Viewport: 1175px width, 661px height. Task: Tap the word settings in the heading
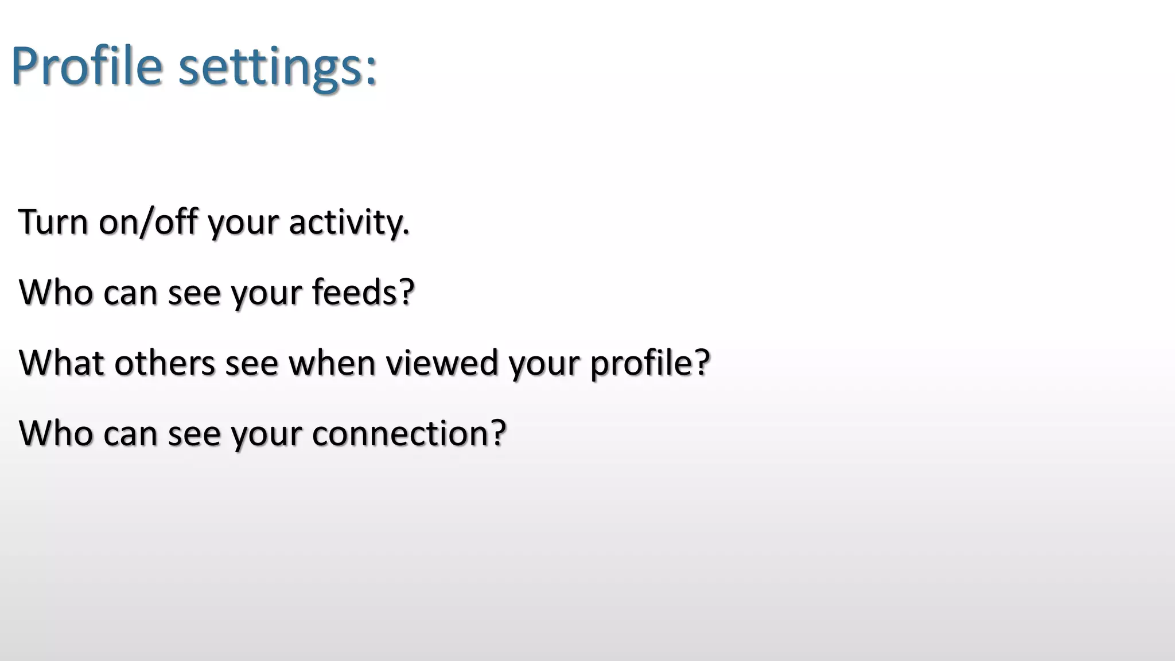(267, 68)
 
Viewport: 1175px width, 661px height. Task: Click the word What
(61, 363)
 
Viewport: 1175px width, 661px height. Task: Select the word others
(164, 363)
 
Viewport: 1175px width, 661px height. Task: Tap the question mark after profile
(702, 363)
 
